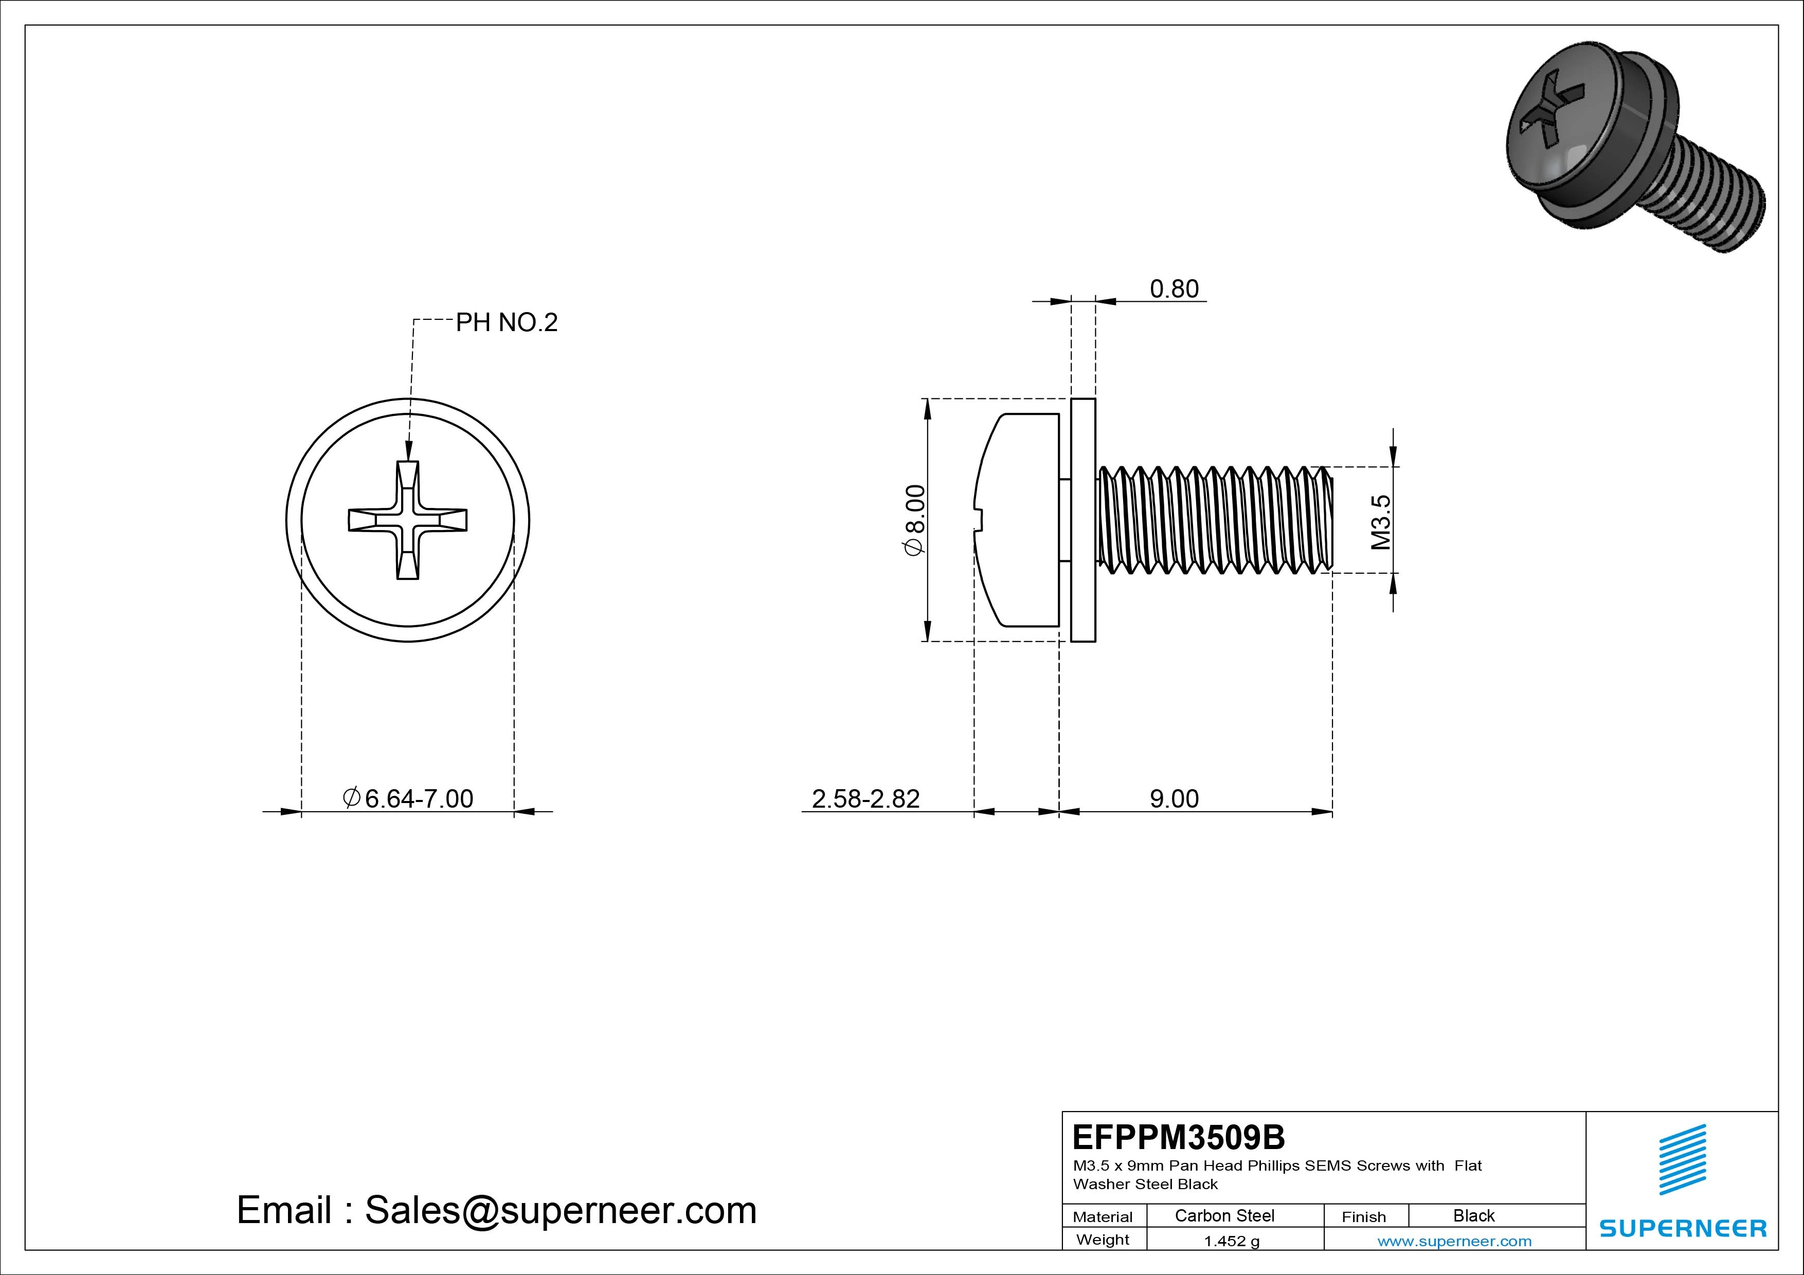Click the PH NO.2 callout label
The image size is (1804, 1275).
point(506,323)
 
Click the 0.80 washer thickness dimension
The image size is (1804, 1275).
point(1174,289)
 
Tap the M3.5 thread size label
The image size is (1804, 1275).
point(1380,522)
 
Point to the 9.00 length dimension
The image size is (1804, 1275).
point(1174,799)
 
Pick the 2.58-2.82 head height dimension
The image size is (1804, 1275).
point(865,799)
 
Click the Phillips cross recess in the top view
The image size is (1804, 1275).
point(408,520)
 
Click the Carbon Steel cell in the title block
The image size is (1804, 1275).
point(1224,1215)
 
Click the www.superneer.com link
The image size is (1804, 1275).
point(1454,1241)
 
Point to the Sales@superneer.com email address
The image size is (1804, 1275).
point(560,1211)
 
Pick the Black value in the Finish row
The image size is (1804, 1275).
point(1473,1215)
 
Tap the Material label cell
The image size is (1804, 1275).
point(1103,1217)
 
